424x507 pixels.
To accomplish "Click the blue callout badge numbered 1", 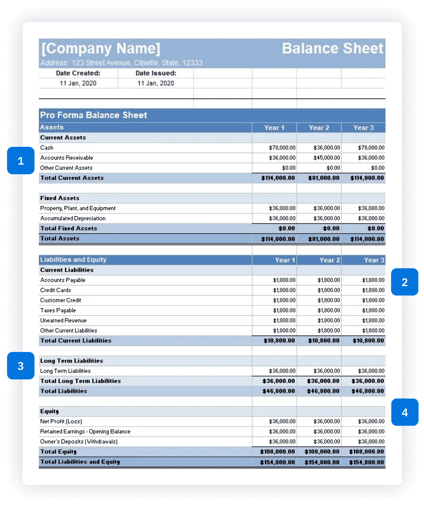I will (21, 161).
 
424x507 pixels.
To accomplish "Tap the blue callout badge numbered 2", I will (404, 282).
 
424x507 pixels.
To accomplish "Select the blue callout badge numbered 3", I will (21, 366).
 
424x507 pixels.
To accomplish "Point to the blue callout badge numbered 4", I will (404, 412).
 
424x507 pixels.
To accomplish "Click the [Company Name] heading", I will (101, 49).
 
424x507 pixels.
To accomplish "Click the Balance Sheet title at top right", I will (332, 48).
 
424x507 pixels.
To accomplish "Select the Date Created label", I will (78, 73).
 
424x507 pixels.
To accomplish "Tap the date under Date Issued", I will (156, 83).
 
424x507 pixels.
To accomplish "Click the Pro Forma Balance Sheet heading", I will (93, 115).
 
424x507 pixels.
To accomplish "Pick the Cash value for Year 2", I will (327, 148).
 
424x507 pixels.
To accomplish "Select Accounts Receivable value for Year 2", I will (327, 158).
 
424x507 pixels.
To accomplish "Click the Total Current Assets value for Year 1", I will (278, 178).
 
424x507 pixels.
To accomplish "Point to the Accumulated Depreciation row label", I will (73, 218).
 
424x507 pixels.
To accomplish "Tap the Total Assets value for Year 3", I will (367, 239).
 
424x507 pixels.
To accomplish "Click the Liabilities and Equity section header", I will (73, 260).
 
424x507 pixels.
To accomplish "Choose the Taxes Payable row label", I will (58, 310).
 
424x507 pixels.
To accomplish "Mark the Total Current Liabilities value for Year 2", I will (323, 341).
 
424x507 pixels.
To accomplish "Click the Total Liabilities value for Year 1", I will (279, 391).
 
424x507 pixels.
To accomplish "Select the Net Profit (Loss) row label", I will (61, 421).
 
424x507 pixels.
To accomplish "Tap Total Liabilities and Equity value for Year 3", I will (366, 462).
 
